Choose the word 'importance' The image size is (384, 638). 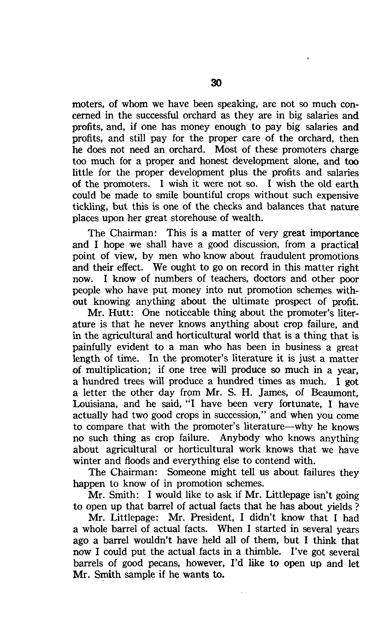pos(335,233)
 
